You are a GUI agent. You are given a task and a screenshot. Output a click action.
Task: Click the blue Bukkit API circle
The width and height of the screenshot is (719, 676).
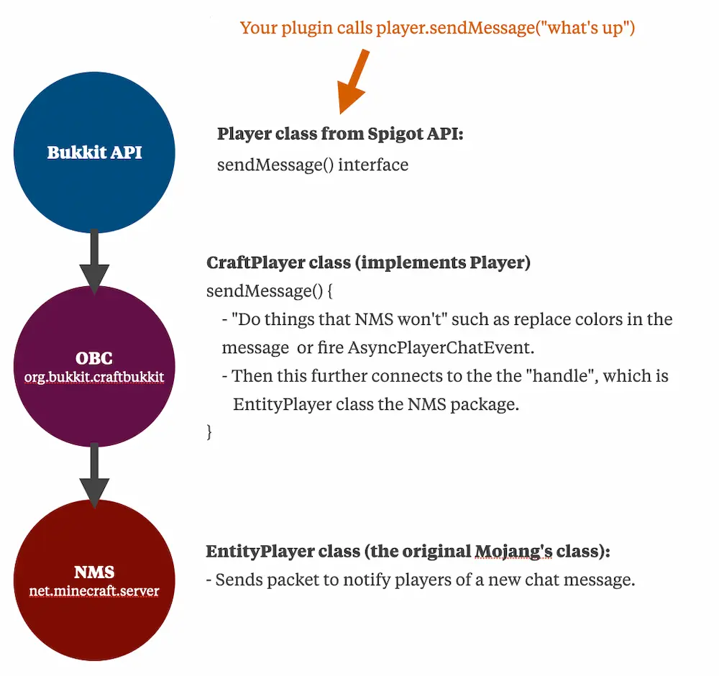tap(94, 152)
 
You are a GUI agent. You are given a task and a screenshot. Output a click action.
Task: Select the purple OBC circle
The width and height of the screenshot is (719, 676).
tap(94, 366)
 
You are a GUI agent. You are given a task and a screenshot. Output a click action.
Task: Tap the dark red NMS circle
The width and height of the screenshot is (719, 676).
tap(94, 580)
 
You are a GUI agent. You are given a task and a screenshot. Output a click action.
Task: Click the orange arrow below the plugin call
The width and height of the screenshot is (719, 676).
tap(352, 81)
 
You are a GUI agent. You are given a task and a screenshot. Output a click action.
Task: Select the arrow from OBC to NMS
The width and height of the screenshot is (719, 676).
tap(94, 475)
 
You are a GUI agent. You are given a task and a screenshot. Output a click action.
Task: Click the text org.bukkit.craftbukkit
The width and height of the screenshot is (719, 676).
tap(94, 377)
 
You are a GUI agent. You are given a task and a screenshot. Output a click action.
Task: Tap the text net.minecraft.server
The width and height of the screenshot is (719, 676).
tap(94, 590)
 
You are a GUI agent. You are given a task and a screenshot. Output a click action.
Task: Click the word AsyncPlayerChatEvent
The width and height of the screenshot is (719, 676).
tap(441, 347)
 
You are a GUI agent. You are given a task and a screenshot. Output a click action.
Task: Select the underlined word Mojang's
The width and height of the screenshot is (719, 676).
tap(513, 552)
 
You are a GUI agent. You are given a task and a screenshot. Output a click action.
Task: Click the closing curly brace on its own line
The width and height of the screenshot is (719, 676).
tap(209, 432)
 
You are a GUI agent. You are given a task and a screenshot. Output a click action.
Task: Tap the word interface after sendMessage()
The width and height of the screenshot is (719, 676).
tap(372, 165)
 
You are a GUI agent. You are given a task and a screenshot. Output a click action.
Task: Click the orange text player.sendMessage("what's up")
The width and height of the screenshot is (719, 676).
tap(505, 28)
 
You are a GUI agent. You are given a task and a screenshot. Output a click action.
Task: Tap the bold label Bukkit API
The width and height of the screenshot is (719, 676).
tap(94, 152)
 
